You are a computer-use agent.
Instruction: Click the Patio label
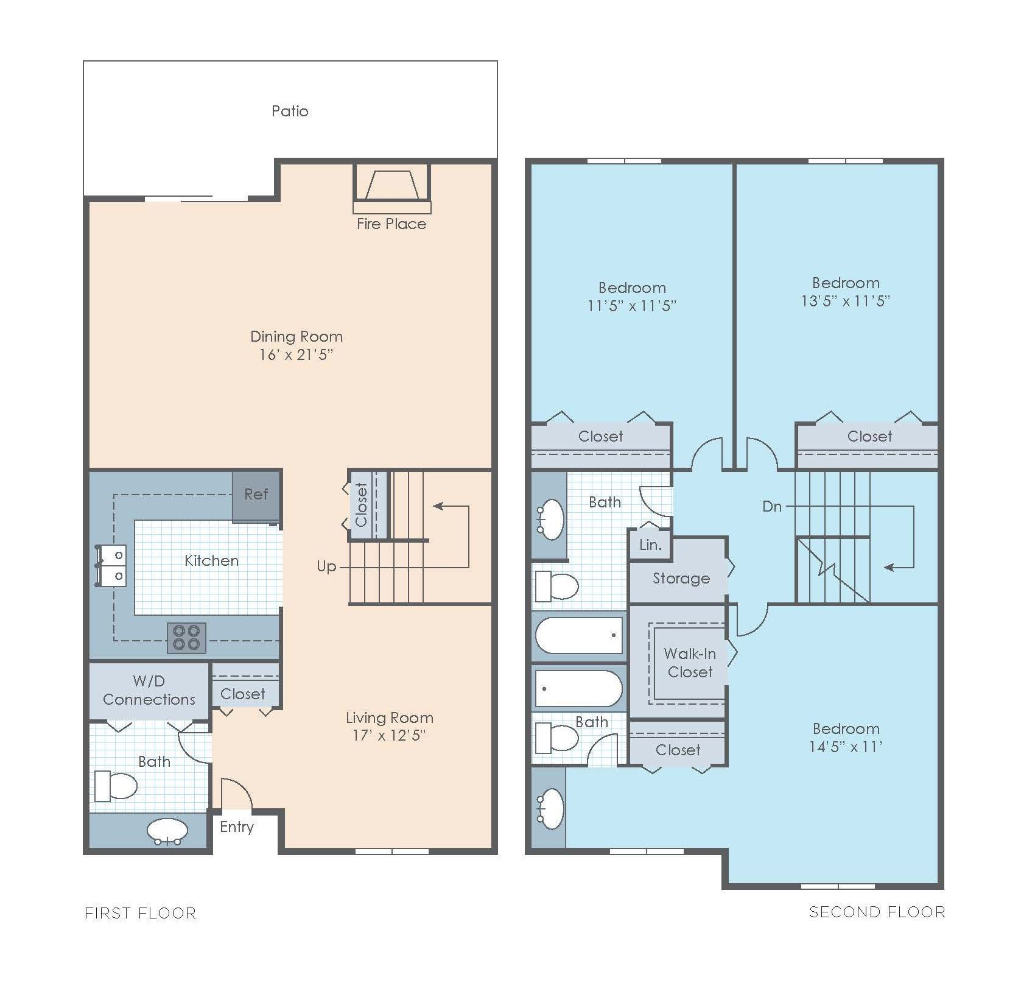pyautogui.click(x=290, y=111)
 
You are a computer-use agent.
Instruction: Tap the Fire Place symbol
pyautogui.click(x=393, y=186)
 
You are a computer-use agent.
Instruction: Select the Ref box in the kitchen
pyautogui.click(x=256, y=495)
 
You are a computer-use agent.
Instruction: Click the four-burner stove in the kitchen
pyautogui.click(x=186, y=638)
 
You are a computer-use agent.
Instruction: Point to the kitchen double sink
pyautogui.click(x=112, y=565)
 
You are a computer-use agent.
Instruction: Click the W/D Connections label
pyautogui.click(x=149, y=690)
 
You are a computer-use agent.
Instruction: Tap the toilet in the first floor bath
pyautogui.click(x=117, y=786)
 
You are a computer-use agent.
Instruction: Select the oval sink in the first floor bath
pyautogui.click(x=167, y=831)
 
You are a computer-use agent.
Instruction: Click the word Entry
pyautogui.click(x=237, y=827)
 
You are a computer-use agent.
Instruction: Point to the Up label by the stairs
pyautogui.click(x=326, y=566)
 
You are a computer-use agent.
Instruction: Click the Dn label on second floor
pyautogui.click(x=772, y=506)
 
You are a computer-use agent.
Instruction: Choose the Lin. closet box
pyautogui.click(x=650, y=545)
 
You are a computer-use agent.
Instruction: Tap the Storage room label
pyautogui.click(x=681, y=578)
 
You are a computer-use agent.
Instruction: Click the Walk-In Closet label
pyautogui.click(x=690, y=663)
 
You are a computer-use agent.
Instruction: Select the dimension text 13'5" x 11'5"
pyautogui.click(x=846, y=301)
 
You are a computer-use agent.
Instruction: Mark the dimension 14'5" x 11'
pyautogui.click(x=846, y=747)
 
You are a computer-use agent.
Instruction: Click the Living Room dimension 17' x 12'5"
pyautogui.click(x=389, y=736)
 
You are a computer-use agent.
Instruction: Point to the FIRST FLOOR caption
pyautogui.click(x=141, y=913)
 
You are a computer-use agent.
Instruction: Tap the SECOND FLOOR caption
pyautogui.click(x=877, y=912)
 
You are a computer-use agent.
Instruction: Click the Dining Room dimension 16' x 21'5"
pyautogui.click(x=296, y=354)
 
